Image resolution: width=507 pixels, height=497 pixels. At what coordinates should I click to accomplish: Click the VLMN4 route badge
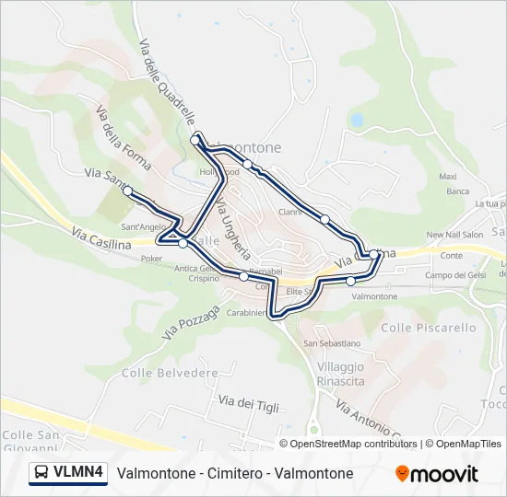click(69, 473)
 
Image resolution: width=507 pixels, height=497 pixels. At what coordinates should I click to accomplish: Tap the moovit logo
click(437, 474)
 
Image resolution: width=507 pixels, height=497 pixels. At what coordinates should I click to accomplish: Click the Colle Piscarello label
click(429, 328)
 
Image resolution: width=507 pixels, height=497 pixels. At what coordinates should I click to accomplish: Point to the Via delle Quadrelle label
click(167, 83)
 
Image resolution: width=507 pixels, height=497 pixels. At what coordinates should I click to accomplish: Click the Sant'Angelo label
click(143, 226)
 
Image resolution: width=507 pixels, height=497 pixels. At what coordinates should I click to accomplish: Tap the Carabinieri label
click(247, 313)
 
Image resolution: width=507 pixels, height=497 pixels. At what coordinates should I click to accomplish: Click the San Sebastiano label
click(332, 343)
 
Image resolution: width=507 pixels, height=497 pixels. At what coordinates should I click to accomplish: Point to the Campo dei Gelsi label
click(455, 275)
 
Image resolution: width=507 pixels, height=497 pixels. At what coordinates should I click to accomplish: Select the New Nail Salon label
click(454, 235)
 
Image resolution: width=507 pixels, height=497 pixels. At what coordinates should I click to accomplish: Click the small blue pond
click(357, 120)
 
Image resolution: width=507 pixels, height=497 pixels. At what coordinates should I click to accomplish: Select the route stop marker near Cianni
click(324, 219)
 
